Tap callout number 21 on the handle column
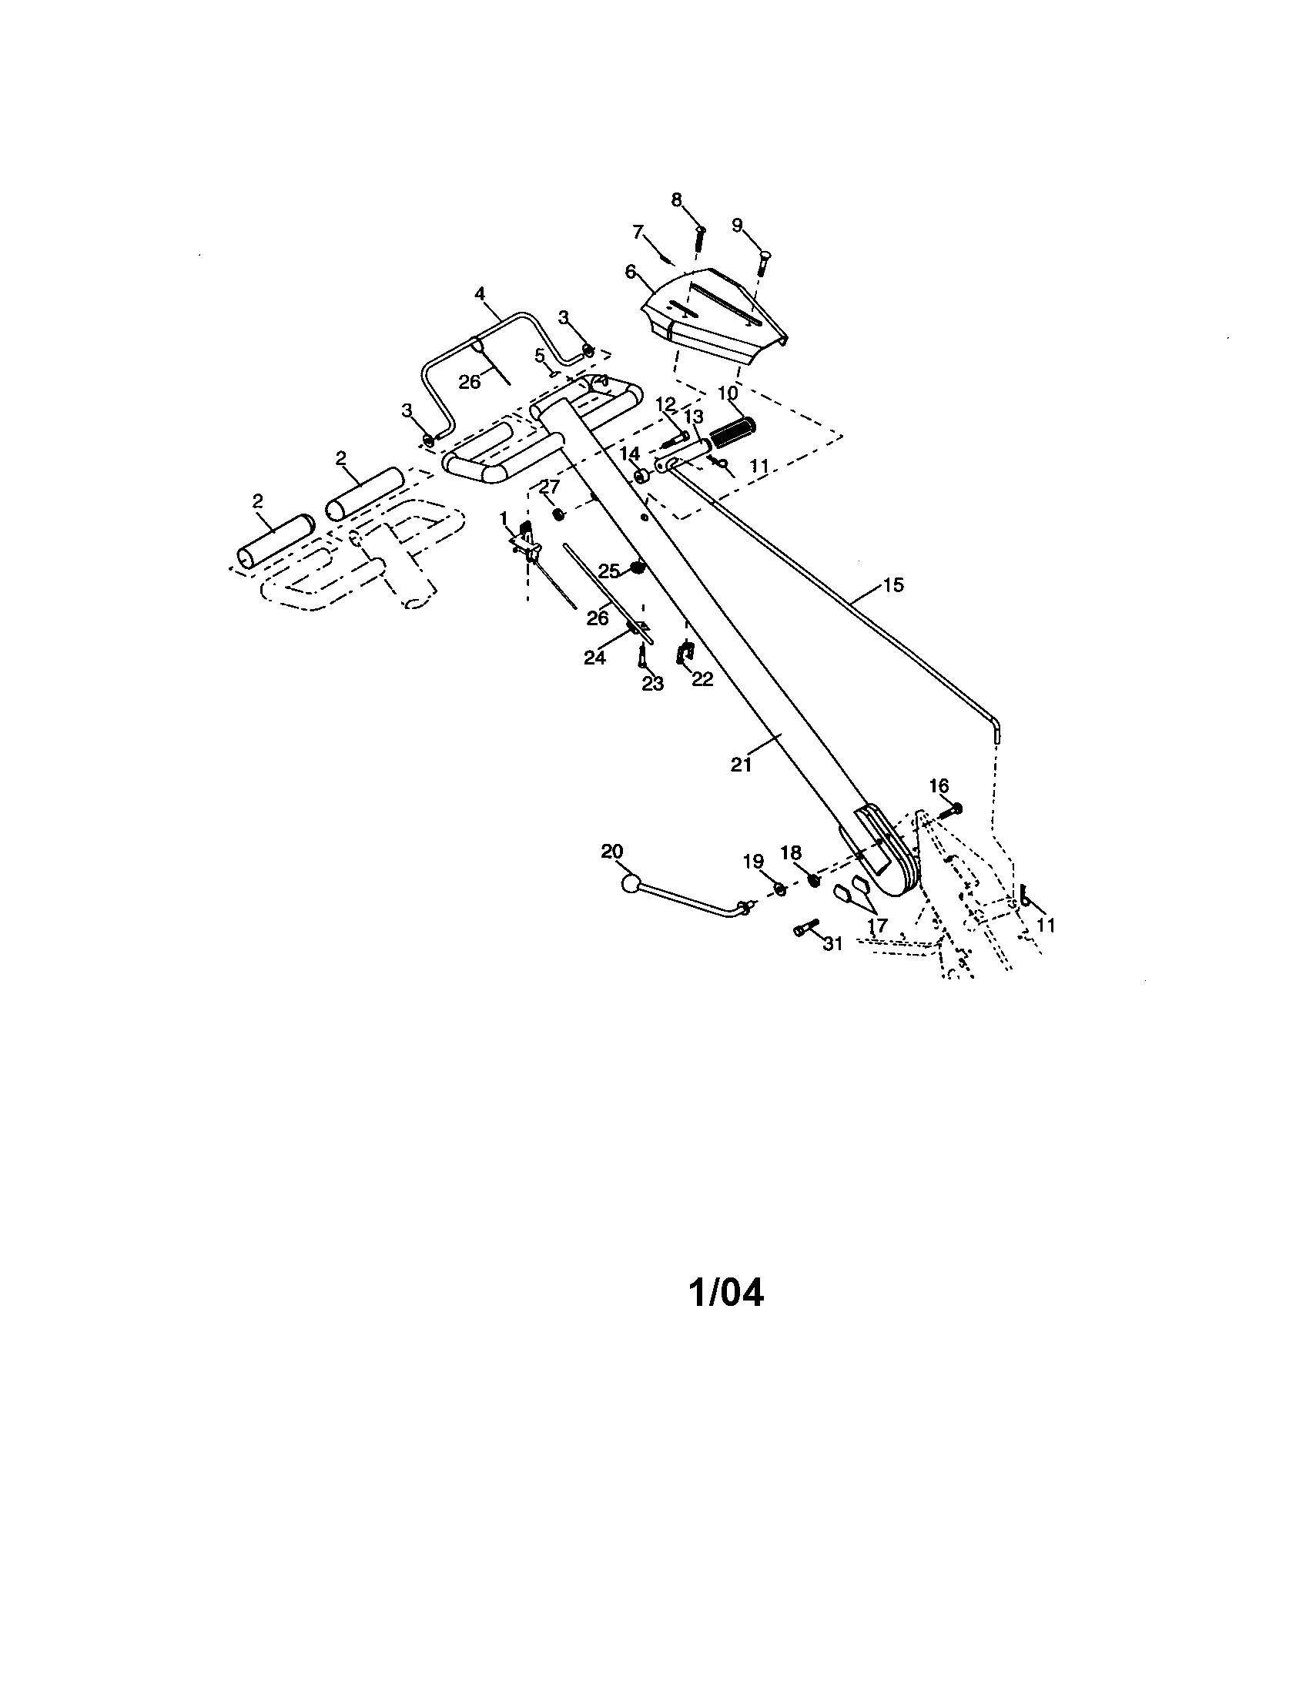coord(742,764)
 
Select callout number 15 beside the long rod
coord(893,585)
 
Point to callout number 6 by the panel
coord(630,272)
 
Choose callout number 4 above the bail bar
coord(480,294)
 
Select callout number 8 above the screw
coord(677,200)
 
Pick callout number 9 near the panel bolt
coord(738,225)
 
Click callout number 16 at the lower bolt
coord(939,785)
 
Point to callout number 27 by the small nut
coord(549,487)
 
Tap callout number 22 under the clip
coord(702,678)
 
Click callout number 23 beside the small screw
coord(653,684)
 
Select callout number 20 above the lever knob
coord(612,852)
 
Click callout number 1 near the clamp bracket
coord(504,517)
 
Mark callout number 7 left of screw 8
coord(638,231)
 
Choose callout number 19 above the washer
coord(753,862)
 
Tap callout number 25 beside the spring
coord(609,571)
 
